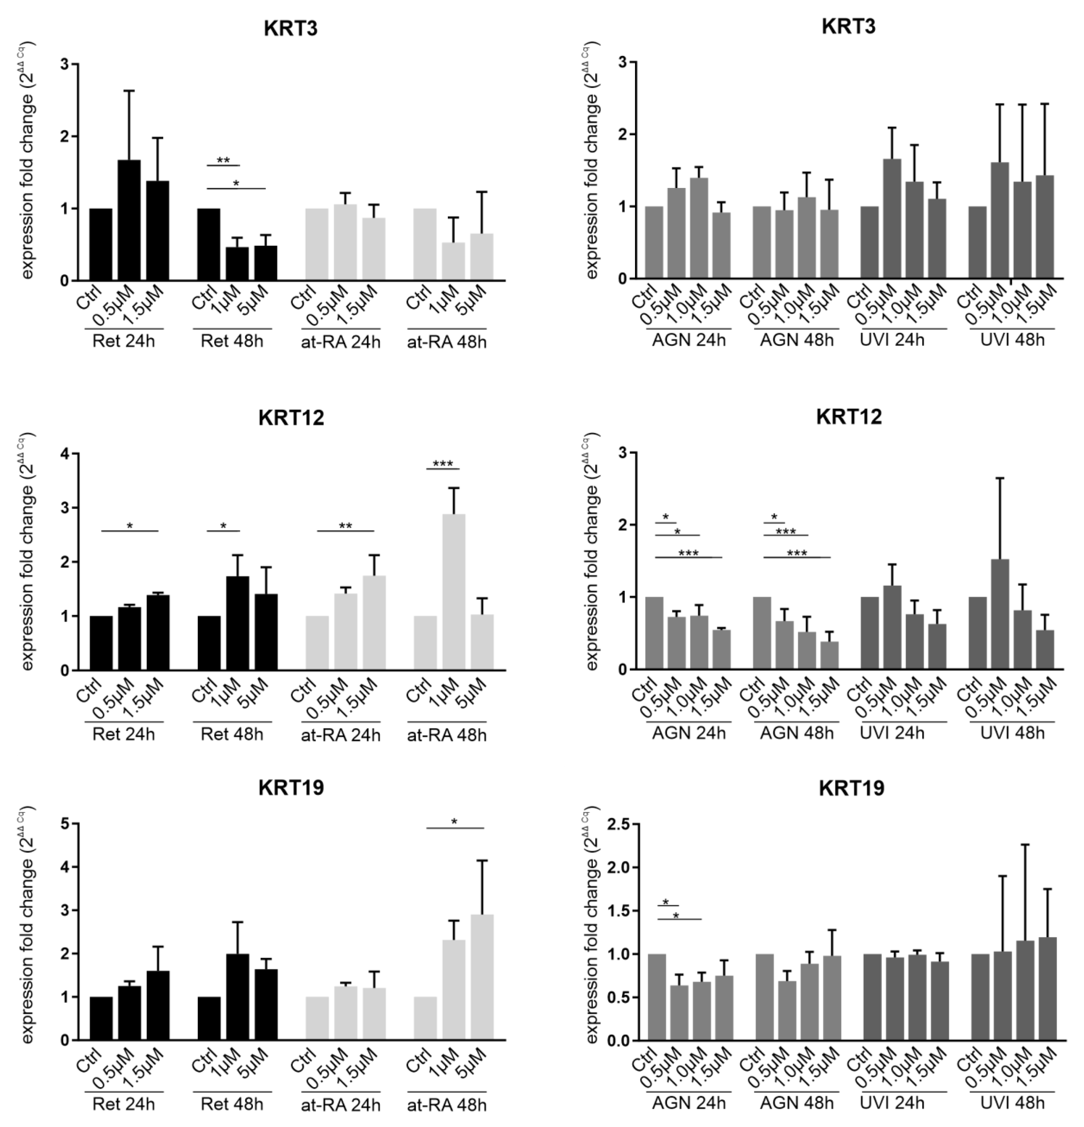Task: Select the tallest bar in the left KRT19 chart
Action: [482, 977]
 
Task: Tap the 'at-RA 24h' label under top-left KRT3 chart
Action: [340, 342]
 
